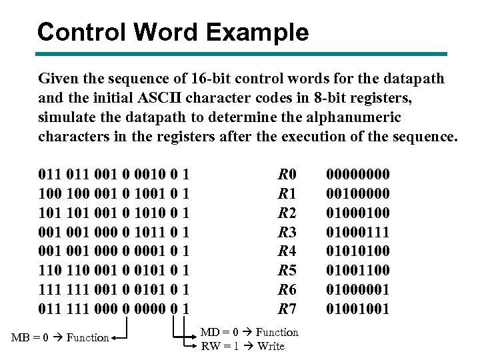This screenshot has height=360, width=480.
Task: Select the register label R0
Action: [x=287, y=175]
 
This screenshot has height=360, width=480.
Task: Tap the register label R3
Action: [x=287, y=232]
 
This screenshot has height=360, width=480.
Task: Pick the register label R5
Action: [x=287, y=270]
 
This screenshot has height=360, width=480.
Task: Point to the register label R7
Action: [x=287, y=309]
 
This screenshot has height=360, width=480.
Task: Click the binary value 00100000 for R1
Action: [x=357, y=194]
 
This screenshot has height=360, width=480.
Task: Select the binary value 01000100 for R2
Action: [x=357, y=213]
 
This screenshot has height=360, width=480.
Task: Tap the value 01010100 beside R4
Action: [x=357, y=251]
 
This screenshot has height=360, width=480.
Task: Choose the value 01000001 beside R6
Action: [x=357, y=289]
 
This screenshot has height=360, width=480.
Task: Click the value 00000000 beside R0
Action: [x=357, y=175]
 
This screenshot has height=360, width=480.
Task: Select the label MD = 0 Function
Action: [x=249, y=332]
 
